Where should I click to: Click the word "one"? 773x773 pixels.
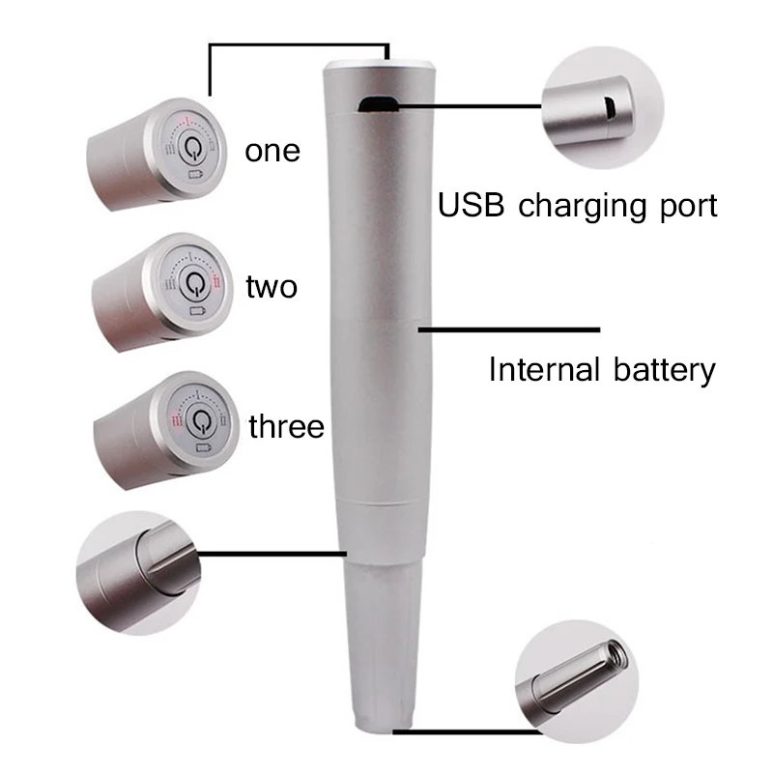272,152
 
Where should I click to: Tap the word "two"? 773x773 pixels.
272,287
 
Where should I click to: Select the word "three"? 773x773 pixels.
286,426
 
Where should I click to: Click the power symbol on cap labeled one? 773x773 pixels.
195,151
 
